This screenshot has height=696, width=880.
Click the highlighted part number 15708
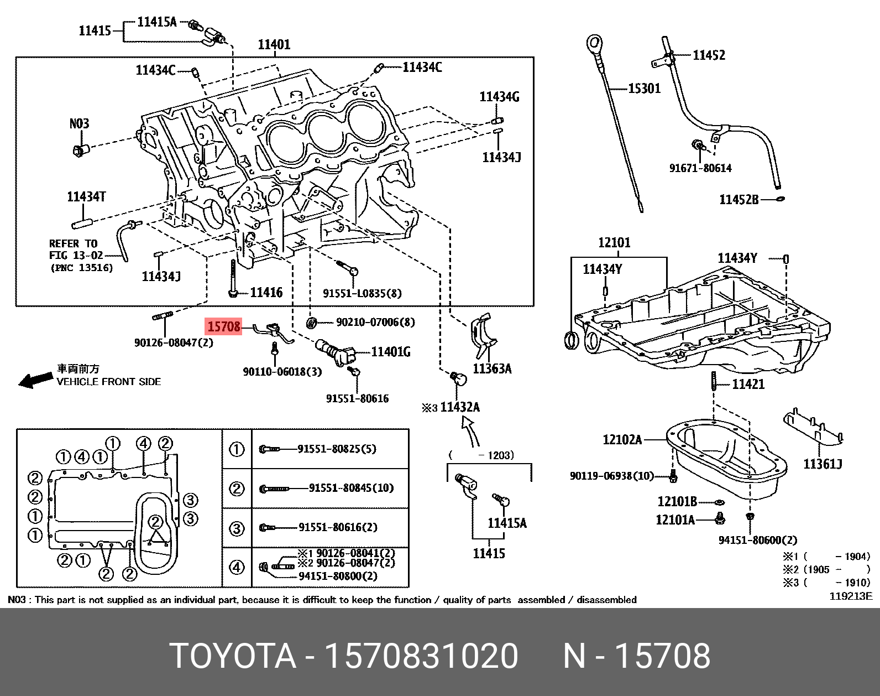click(224, 327)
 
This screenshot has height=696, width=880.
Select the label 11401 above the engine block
click(274, 44)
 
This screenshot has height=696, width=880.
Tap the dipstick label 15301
click(644, 89)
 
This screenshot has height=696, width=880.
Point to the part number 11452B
click(739, 199)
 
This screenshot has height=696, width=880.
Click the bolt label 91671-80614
click(700, 168)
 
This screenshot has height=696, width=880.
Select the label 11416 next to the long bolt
click(266, 293)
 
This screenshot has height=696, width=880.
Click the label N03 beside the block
click(79, 123)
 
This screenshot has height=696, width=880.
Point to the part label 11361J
click(823, 464)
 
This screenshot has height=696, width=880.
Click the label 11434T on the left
click(86, 196)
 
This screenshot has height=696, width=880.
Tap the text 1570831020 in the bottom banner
click(421, 657)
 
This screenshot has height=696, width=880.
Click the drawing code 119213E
click(850, 596)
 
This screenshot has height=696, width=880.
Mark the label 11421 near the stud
click(748, 384)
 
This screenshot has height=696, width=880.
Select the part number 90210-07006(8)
click(375, 322)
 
